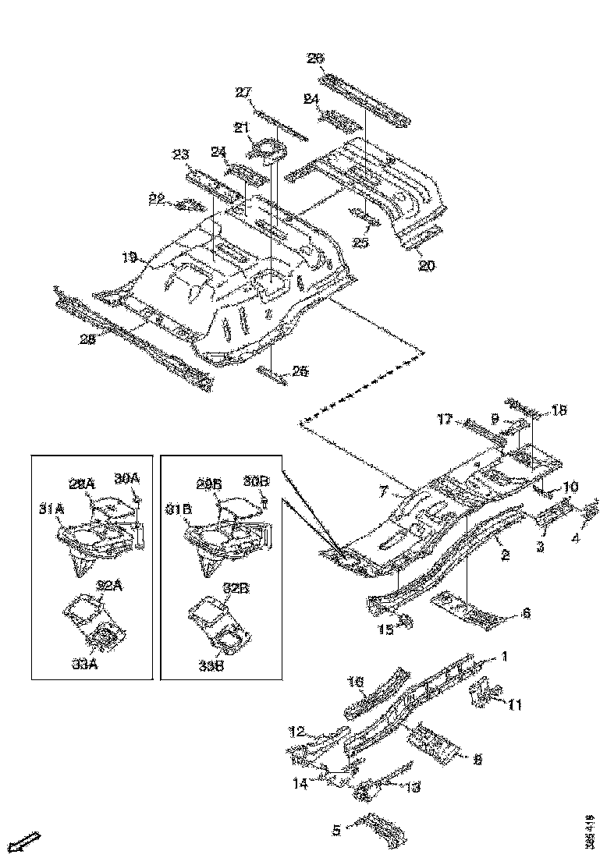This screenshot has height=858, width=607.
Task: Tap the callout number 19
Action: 130,256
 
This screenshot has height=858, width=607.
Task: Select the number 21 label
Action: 242,127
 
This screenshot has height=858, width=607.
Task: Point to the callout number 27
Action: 244,93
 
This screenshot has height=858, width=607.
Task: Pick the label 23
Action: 182,154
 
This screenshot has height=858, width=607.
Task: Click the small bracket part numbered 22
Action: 189,206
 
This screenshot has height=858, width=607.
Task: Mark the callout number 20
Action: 426,265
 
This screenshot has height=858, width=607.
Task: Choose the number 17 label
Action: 445,420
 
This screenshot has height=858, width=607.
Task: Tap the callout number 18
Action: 560,409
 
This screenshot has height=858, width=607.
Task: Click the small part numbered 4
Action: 591,512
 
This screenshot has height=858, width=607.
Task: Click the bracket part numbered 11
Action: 486,693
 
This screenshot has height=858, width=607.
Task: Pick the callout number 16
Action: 356,682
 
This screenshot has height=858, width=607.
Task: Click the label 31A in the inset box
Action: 51,509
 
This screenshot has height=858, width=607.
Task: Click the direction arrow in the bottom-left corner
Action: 27,842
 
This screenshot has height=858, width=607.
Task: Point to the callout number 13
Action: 411,788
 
